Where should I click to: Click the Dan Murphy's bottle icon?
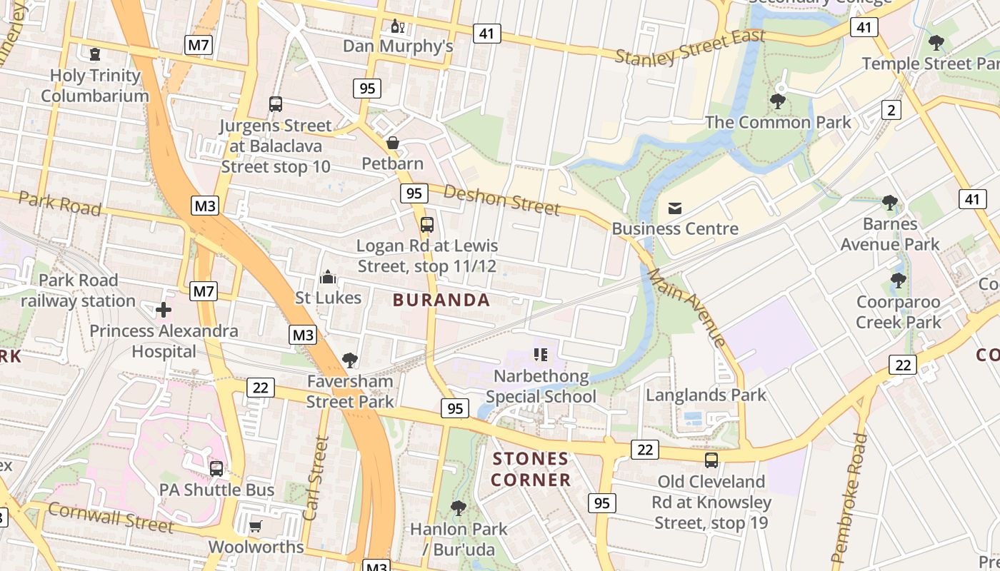tap(398, 27)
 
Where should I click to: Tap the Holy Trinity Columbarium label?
tap(95, 86)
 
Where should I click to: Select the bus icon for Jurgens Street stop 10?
tap(276, 104)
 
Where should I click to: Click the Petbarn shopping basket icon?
tap(393, 143)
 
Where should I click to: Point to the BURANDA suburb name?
tap(441, 300)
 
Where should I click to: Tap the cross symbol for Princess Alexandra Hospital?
tap(164, 310)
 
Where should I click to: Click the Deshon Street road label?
tap(501, 199)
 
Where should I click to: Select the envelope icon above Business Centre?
tap(675, 208)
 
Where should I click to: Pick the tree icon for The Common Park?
tap(778, 101)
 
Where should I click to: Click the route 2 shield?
tap(891, 110)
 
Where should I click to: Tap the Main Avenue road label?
tap(686, 307)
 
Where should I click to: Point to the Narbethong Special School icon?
tap(541, 355)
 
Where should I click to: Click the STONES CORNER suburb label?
tap(531, 469)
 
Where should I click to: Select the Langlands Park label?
tap(706, 395)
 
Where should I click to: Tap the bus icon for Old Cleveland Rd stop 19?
tap(711, 460)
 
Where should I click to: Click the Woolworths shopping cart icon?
tap(256, 526)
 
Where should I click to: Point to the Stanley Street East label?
tap(690, 47)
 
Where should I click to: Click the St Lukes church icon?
tap(328, 277)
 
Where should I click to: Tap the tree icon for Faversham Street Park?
tap(350, 360)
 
